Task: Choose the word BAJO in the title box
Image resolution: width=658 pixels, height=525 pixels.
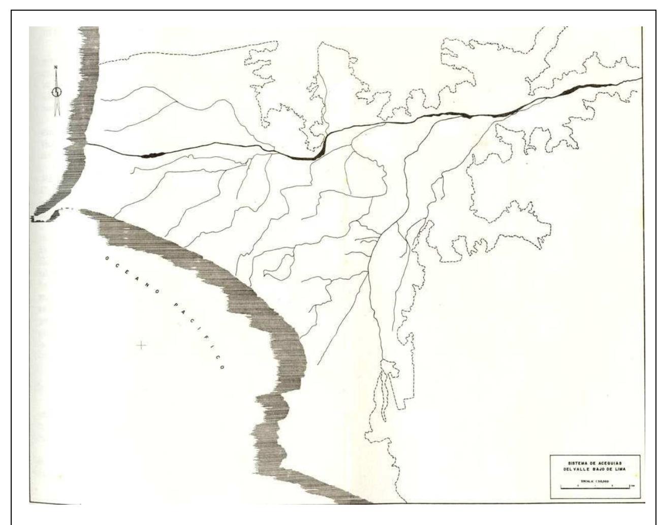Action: tap(606, 470)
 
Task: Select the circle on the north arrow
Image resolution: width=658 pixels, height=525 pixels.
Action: tap(57, 92)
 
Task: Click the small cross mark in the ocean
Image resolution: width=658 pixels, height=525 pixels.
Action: tap(141, 346)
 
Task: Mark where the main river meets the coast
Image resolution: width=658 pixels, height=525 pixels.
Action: tap(86, 144)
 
